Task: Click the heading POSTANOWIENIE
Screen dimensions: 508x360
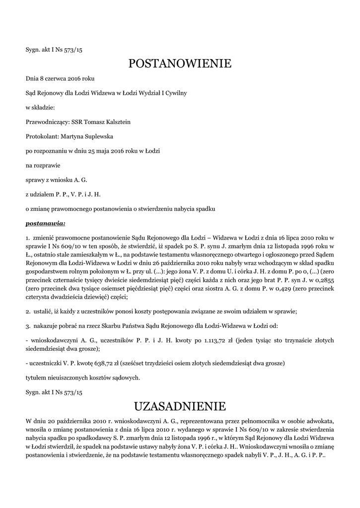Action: coord(180,64)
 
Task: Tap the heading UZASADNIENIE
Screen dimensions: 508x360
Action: coord(180,407)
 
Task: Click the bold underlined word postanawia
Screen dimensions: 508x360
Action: coord(45,224)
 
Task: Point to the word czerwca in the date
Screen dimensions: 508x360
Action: coord(56,78)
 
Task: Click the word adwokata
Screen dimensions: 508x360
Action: coord(320,421)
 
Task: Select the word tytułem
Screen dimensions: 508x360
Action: coord(38,378)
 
